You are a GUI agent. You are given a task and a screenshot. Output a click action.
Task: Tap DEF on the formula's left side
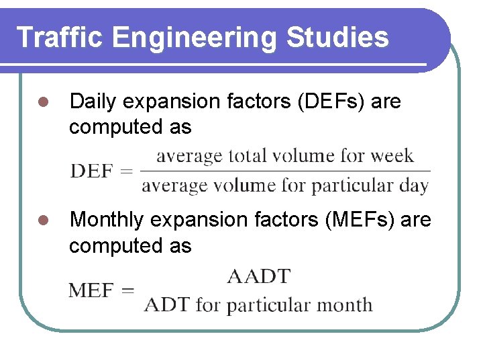tap(91, 171)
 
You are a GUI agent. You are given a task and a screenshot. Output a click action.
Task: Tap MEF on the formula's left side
tap(91, 291)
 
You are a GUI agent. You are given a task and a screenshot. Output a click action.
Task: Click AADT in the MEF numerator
tap(258, 276)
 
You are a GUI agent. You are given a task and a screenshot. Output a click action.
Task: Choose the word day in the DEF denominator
tap(414, 186)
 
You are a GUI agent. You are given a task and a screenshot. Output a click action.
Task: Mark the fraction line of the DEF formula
tap(285, 171)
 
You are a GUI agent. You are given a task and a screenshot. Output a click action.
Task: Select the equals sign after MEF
tap(125, 291)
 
